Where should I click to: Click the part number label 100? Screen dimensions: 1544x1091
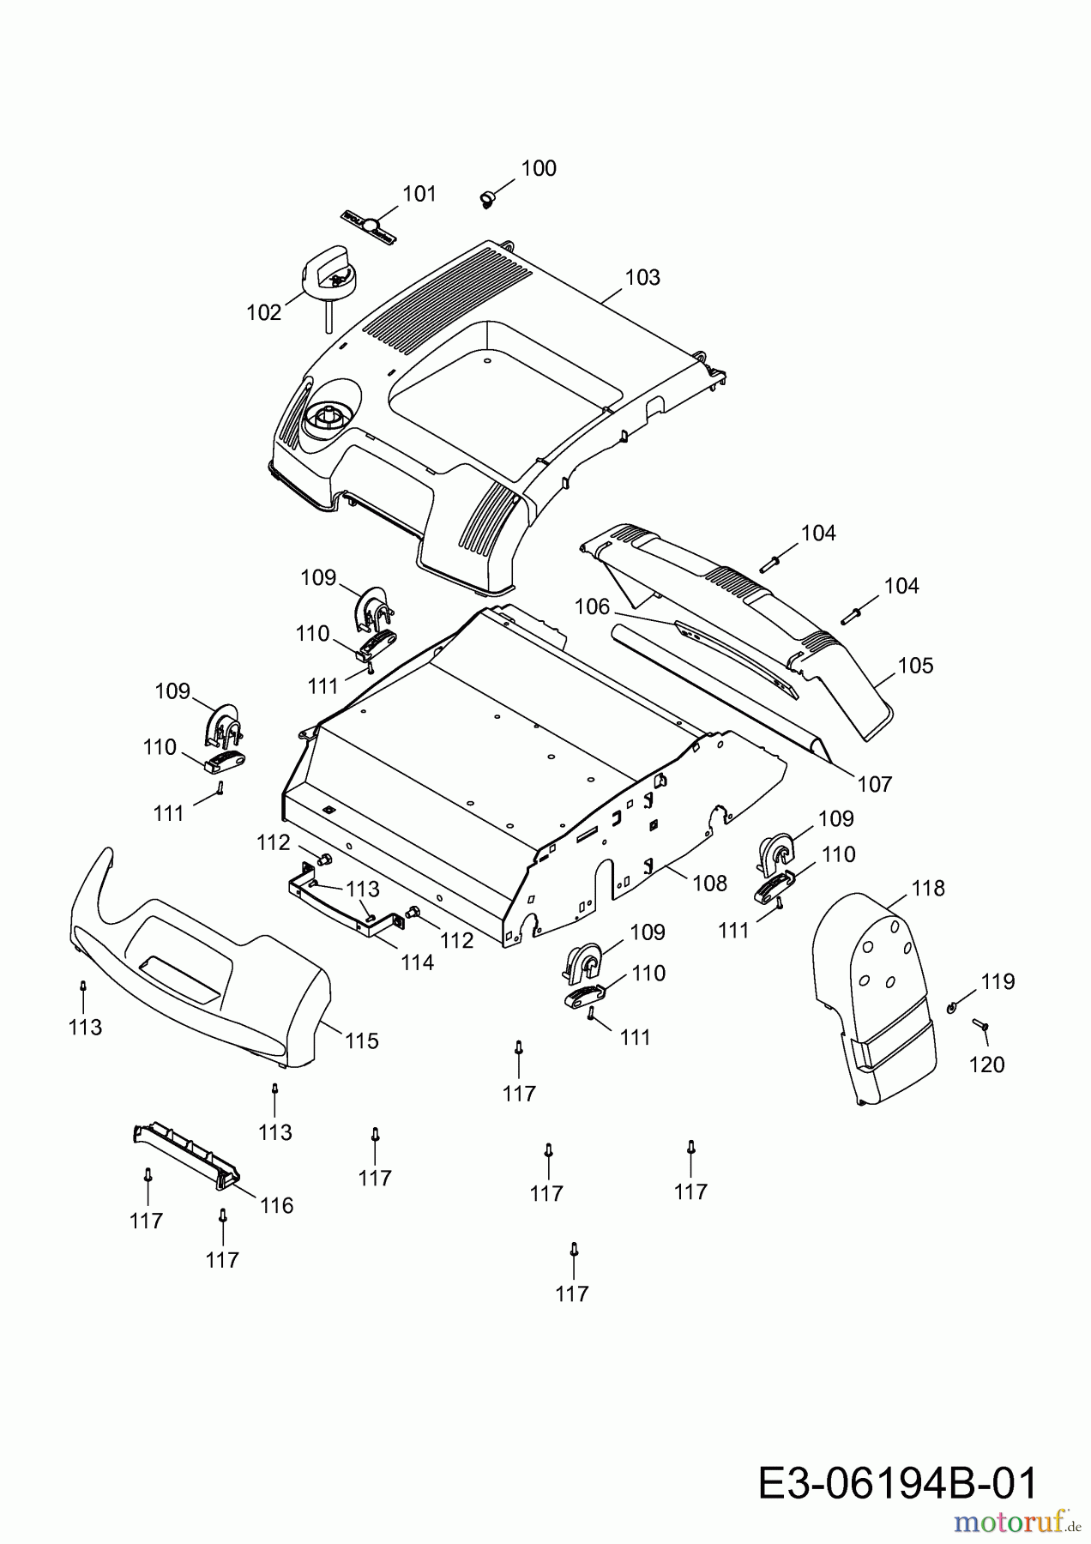click(x=539, y=168)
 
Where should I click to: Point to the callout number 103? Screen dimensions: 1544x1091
click(x=642, y=277)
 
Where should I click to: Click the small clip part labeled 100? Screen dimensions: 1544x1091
click(x=487, y=199)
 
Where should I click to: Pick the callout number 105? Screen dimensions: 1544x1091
click(x=915, y=666)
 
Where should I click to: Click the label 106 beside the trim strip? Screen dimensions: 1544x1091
click(x=592, y=606)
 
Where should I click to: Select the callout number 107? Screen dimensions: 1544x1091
click(x=874, y=783)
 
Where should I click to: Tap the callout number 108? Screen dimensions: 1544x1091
click(x=709, y=883)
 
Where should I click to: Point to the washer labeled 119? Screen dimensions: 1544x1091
click(x=953, y=1006)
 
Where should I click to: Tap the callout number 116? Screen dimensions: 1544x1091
click(x=276, y=1205)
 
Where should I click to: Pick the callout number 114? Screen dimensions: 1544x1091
click(x=418, y=962)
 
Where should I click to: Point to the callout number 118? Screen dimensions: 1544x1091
click(x=927, y=888)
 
